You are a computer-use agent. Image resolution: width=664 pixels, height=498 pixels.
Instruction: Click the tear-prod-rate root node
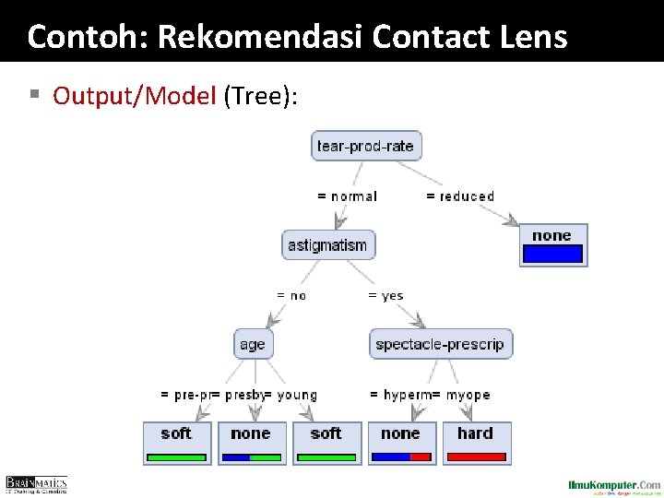point(366,146)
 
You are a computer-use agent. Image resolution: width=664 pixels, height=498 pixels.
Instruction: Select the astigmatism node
point(327,245)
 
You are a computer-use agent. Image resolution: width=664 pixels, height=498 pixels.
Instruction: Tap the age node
point(252,344)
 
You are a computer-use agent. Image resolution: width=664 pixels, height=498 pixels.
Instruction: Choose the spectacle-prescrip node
point(440,344)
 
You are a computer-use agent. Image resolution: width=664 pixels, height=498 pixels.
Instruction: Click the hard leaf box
point(475,442)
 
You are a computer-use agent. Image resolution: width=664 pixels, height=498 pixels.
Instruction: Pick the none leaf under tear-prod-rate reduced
point(551,244)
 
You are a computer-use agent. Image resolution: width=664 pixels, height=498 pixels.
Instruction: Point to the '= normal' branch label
point(347,196)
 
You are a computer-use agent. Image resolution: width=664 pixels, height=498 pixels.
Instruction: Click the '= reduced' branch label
point(460,196)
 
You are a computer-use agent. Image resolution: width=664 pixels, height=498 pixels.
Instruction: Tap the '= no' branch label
point(291,296)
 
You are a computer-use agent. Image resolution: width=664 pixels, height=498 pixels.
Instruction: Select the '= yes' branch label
point(385,296)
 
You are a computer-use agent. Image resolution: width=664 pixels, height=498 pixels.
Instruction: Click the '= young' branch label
point(293,395)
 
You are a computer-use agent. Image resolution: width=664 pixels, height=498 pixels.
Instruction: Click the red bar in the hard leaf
point(475,456)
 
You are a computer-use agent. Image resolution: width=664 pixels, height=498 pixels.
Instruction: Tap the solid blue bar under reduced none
point(551,254)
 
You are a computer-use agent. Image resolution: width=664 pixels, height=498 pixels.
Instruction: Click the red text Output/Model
point(134,95)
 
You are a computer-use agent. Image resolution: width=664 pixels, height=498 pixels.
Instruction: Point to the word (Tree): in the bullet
point(260,95)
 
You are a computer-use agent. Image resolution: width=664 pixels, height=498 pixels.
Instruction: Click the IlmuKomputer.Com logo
point(614,485)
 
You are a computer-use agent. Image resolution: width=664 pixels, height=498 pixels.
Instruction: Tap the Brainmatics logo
point(37,484)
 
